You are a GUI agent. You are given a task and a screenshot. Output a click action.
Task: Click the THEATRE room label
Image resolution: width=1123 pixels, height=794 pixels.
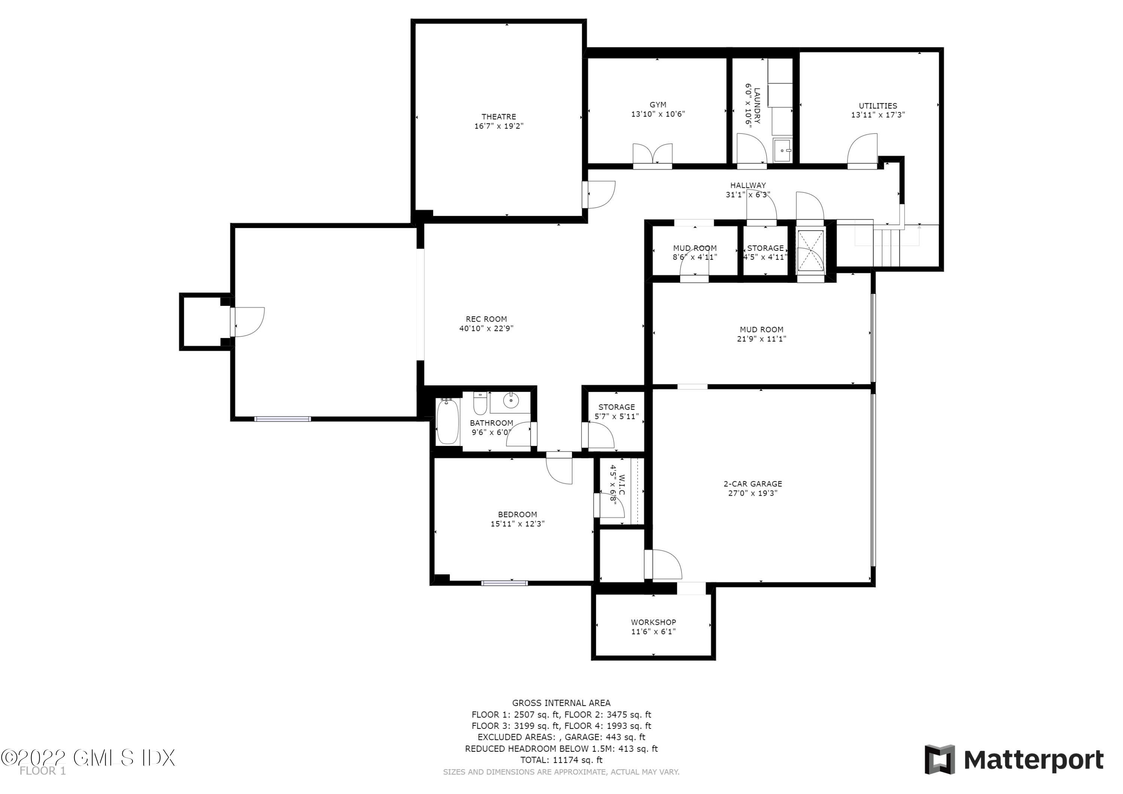(x=498, y=116)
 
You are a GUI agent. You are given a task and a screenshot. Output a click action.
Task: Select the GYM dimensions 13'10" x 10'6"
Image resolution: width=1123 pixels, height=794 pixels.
(x=658, y=114)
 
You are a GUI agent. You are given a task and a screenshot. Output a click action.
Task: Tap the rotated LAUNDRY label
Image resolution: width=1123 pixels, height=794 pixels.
(x=756, y=106)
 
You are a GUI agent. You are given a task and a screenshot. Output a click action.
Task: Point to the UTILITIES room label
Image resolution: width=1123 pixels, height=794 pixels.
(x=878, y=106)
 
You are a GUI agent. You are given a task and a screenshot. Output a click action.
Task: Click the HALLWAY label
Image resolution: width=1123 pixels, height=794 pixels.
(x=748, y=185)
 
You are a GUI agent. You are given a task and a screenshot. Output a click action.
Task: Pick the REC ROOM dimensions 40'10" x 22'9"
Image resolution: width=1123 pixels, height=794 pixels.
(x=486, y=328)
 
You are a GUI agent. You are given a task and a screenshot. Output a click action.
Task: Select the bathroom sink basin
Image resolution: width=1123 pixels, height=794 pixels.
(x=511, y=401)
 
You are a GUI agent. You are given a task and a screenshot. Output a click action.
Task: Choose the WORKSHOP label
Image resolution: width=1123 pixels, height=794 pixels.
(x=654, y=622)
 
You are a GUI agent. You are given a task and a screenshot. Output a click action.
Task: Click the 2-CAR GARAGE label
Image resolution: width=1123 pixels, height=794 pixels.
(x=753, y=484)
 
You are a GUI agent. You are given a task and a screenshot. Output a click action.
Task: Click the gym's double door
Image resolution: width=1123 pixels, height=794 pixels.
(x=652, y=155)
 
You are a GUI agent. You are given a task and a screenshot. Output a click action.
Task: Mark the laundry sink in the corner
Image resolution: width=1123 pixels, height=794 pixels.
(x=782, y=149)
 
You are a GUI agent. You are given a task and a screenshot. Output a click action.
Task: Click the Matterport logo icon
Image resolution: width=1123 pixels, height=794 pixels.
(x=940, y=760)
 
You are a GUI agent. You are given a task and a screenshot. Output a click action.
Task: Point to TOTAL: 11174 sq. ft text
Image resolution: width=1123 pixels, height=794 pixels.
(x=561, y=760)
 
